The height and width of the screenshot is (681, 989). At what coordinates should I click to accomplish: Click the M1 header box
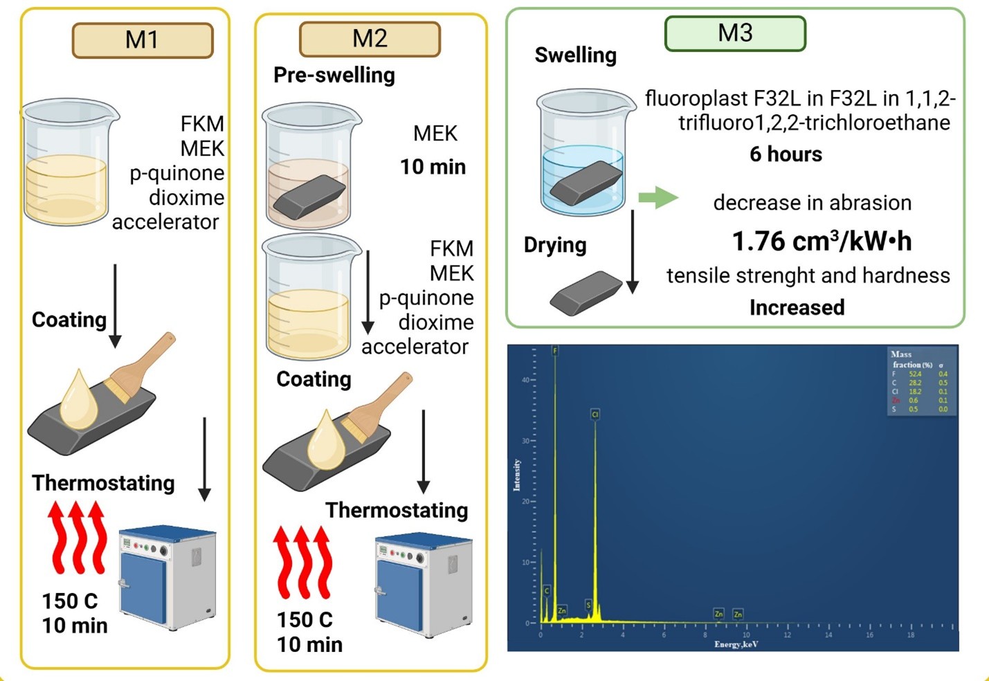click(x=143, y=40)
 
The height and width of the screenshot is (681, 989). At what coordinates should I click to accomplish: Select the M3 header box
click(x=735, y=33)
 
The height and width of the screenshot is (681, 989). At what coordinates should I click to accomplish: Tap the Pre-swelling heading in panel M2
click(x=334, y=75)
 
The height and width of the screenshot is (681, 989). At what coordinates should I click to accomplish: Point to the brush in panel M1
click(x=143, y=367)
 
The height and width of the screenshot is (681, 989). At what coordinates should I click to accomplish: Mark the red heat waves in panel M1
click(x=77, y=538)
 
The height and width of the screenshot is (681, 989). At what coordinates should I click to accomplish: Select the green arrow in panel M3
click(x=657, y=197)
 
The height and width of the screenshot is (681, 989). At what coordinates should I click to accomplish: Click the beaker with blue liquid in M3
click(x=586, y=152)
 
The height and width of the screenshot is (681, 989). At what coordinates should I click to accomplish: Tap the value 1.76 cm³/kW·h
click(x=822, y=242)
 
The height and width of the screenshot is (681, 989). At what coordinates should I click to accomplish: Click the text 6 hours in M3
click(x=786, y=154)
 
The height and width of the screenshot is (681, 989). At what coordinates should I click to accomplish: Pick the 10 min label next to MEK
click(x=433, y=167)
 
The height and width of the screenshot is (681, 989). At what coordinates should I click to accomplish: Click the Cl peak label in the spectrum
click(x=595, y=414)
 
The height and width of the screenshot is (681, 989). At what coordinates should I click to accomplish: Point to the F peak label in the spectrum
click(x=555, y=351)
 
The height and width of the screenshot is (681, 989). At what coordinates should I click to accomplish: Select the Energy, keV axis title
click(x=736, y=644)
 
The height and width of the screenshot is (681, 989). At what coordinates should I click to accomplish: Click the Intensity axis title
click(x=517, y=475)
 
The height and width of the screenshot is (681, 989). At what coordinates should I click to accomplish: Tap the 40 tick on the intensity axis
click(x=525, y=380)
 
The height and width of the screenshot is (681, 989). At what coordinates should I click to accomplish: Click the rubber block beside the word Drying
click(x=586, y=293)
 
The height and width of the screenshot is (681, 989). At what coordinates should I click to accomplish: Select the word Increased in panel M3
click(x=797, y=307)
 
